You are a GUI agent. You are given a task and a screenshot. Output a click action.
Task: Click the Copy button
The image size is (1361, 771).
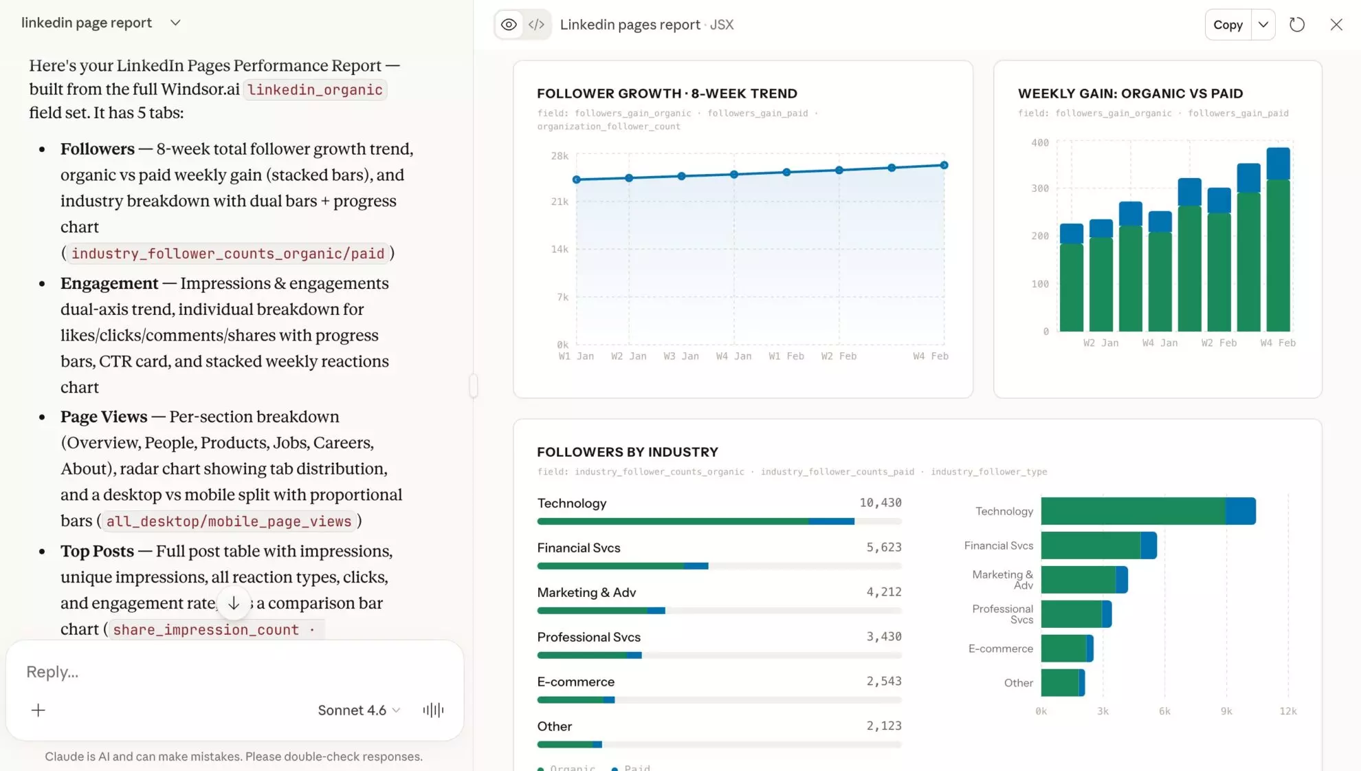coord(1228,25)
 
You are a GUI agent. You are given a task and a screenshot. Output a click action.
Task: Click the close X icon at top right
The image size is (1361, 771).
coord(1336,25)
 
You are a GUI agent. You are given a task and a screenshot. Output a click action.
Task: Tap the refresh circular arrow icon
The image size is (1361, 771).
coord(1296,25)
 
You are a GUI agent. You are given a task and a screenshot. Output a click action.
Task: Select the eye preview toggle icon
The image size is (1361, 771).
coord(509,25)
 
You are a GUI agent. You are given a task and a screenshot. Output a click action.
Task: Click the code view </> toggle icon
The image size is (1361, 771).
coord(536,25)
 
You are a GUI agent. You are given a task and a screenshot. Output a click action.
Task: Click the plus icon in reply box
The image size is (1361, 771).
coord(38,710)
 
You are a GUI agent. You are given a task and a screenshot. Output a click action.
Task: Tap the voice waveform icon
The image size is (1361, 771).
coord(433,710)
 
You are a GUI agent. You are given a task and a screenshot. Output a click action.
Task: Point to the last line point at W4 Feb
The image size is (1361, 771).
coord(944,165)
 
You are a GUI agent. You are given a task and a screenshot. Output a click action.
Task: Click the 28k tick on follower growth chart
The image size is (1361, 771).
coord(560,156)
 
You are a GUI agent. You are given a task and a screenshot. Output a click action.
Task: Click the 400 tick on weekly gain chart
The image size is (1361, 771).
coord(1039,143)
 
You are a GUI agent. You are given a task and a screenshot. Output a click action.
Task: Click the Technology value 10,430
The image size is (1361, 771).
coord(880,503)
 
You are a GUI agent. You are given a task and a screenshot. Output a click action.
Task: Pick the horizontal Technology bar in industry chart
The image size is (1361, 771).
coord(1148,511)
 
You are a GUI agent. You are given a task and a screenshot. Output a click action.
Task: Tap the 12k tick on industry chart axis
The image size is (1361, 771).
coord(1287,711)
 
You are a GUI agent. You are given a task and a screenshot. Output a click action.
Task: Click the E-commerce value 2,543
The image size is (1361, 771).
coord(883,682)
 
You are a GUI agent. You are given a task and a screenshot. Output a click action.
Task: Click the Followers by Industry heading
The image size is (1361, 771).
coord(627,452)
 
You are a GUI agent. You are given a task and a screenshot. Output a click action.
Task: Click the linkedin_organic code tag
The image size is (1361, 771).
coord(315,90)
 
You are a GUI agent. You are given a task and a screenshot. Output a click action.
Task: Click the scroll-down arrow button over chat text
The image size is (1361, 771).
coord(234,603)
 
